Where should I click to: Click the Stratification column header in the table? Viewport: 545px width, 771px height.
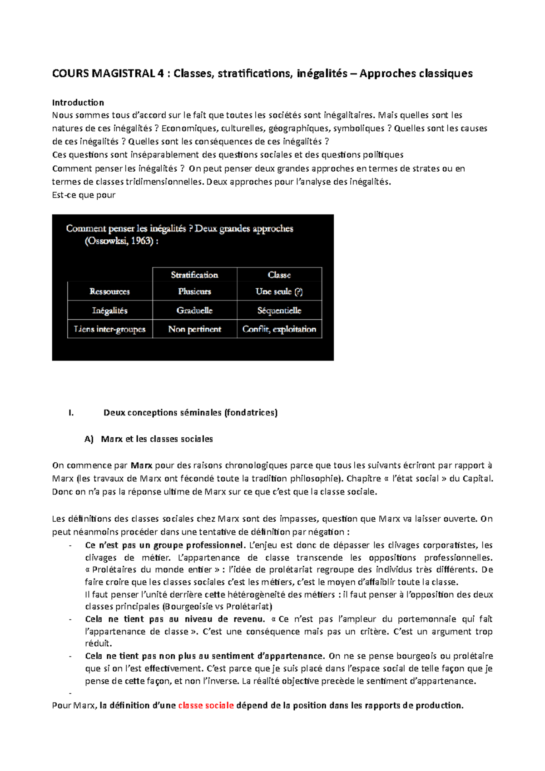coord(194,275)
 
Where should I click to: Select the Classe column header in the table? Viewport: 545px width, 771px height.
coord(279,275)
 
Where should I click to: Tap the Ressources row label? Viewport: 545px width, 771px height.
coord(109,292)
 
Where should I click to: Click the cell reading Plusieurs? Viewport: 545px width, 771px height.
coord(194,292)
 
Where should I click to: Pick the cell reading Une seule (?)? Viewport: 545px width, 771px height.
coord(279,292)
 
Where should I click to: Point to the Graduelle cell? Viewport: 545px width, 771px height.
coord(194,311)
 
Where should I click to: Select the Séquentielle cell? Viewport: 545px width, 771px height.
coord(279,311)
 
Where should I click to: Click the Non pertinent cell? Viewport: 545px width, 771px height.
coord(194,329)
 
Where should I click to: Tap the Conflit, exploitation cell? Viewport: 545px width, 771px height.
coord(279,329)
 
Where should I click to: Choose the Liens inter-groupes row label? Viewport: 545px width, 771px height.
coord(109,329)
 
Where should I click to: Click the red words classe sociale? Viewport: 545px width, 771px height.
coord(206,705)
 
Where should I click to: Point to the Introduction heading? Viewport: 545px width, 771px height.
coord(78,102)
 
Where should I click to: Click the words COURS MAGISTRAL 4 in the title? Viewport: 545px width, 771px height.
coord(108,74)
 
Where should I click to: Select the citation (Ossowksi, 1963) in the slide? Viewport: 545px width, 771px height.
coord(121,241)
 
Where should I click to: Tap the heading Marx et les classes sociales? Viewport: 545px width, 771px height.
coord(157,439)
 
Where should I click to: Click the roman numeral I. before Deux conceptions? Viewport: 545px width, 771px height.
coord(71,413)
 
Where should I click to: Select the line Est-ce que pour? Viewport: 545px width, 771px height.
coord(84,195)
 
